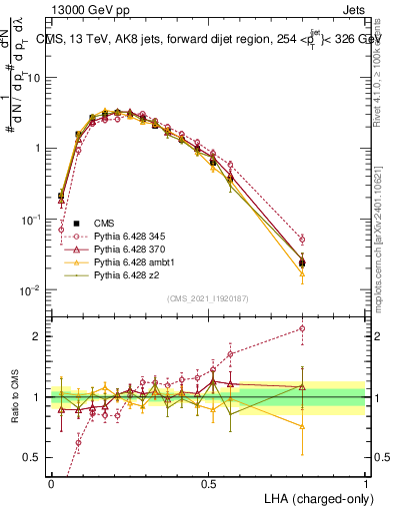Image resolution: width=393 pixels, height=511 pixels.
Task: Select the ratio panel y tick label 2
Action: coord(38,336)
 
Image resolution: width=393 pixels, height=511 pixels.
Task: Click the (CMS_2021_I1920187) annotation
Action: coord(207,297)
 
